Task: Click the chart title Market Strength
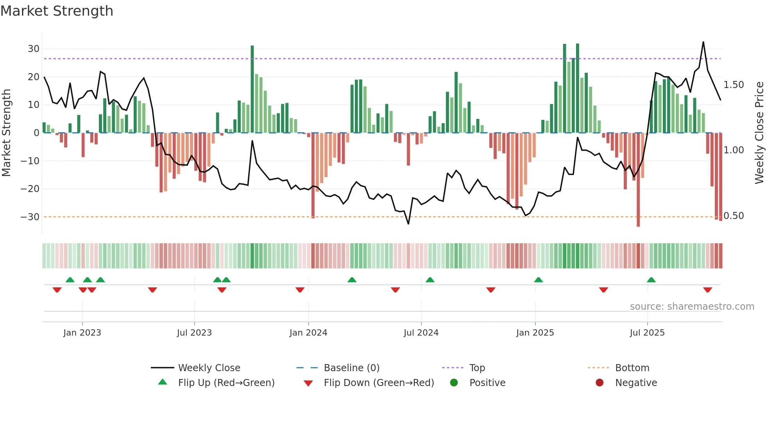tap(57, 11)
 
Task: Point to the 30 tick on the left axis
tap(34, 49)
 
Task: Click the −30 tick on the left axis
tap(30, 217)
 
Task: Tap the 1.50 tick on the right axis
tap(734, 85)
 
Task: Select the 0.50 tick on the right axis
tap(734, 216)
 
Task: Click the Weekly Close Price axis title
tap(759, 133)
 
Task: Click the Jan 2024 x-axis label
tap(308, 333)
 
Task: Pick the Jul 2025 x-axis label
tap(647, 333)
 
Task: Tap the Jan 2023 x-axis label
tap(82, 333)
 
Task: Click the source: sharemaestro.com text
tap(692, 307)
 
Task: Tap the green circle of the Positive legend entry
tap(454, 383)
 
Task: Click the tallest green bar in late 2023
tap(252, 89)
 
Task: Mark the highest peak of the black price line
tap(703, 42)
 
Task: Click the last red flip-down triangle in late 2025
tap(707, 290)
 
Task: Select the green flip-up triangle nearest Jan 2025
tap(538, 280)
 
